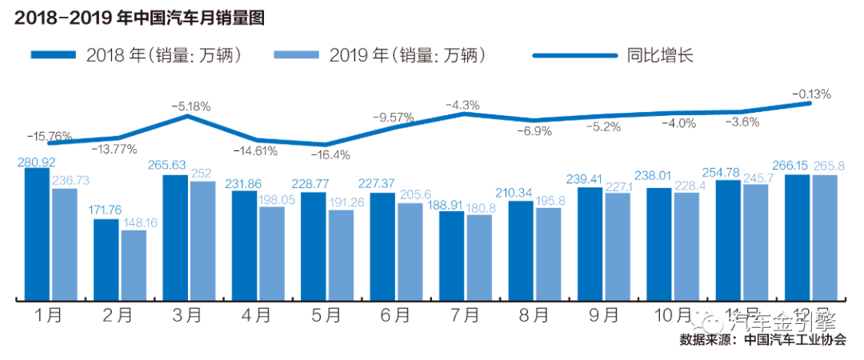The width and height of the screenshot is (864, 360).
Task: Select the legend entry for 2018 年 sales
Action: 136,55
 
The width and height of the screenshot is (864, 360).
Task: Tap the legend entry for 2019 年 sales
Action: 379,55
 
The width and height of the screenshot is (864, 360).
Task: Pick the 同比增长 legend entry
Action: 611,55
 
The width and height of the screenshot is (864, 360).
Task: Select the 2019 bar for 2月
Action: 134,264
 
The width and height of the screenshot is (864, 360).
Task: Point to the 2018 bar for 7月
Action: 451,255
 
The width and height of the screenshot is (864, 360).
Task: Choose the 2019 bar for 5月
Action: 341,254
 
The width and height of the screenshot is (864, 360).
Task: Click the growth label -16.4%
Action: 330,154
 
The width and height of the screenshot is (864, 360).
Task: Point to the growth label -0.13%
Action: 811,94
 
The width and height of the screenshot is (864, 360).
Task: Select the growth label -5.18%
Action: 190,106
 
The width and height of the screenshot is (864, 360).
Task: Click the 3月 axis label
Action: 187,315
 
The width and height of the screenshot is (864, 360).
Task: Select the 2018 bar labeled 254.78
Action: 728,240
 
